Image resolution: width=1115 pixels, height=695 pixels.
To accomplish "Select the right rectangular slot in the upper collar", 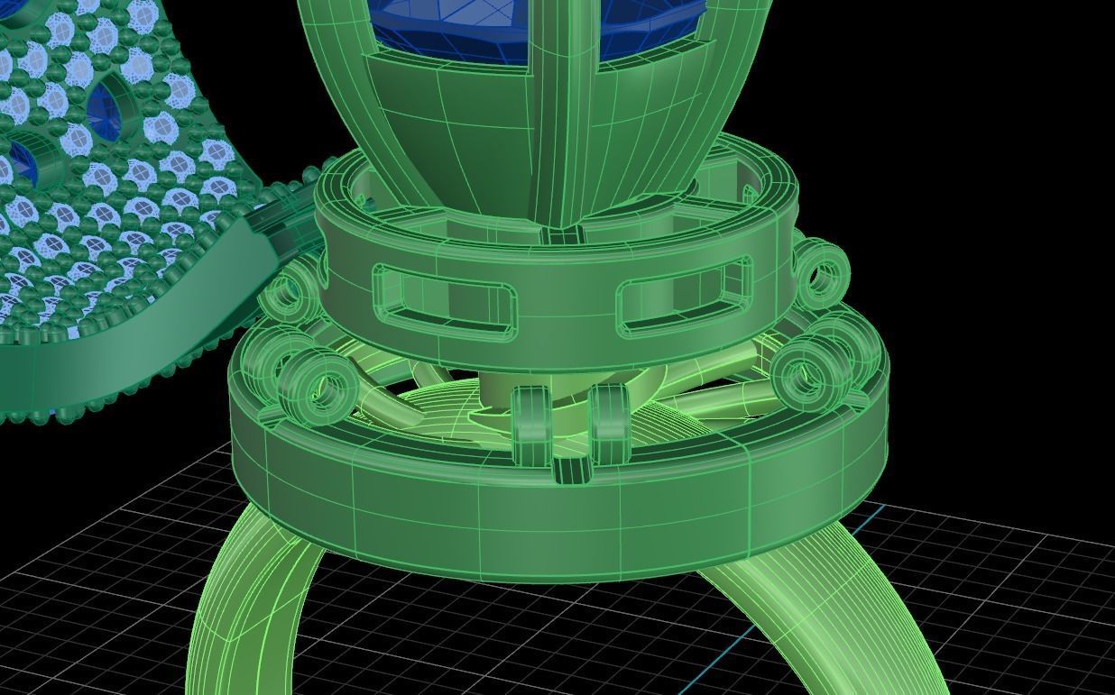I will click(684, 293).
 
